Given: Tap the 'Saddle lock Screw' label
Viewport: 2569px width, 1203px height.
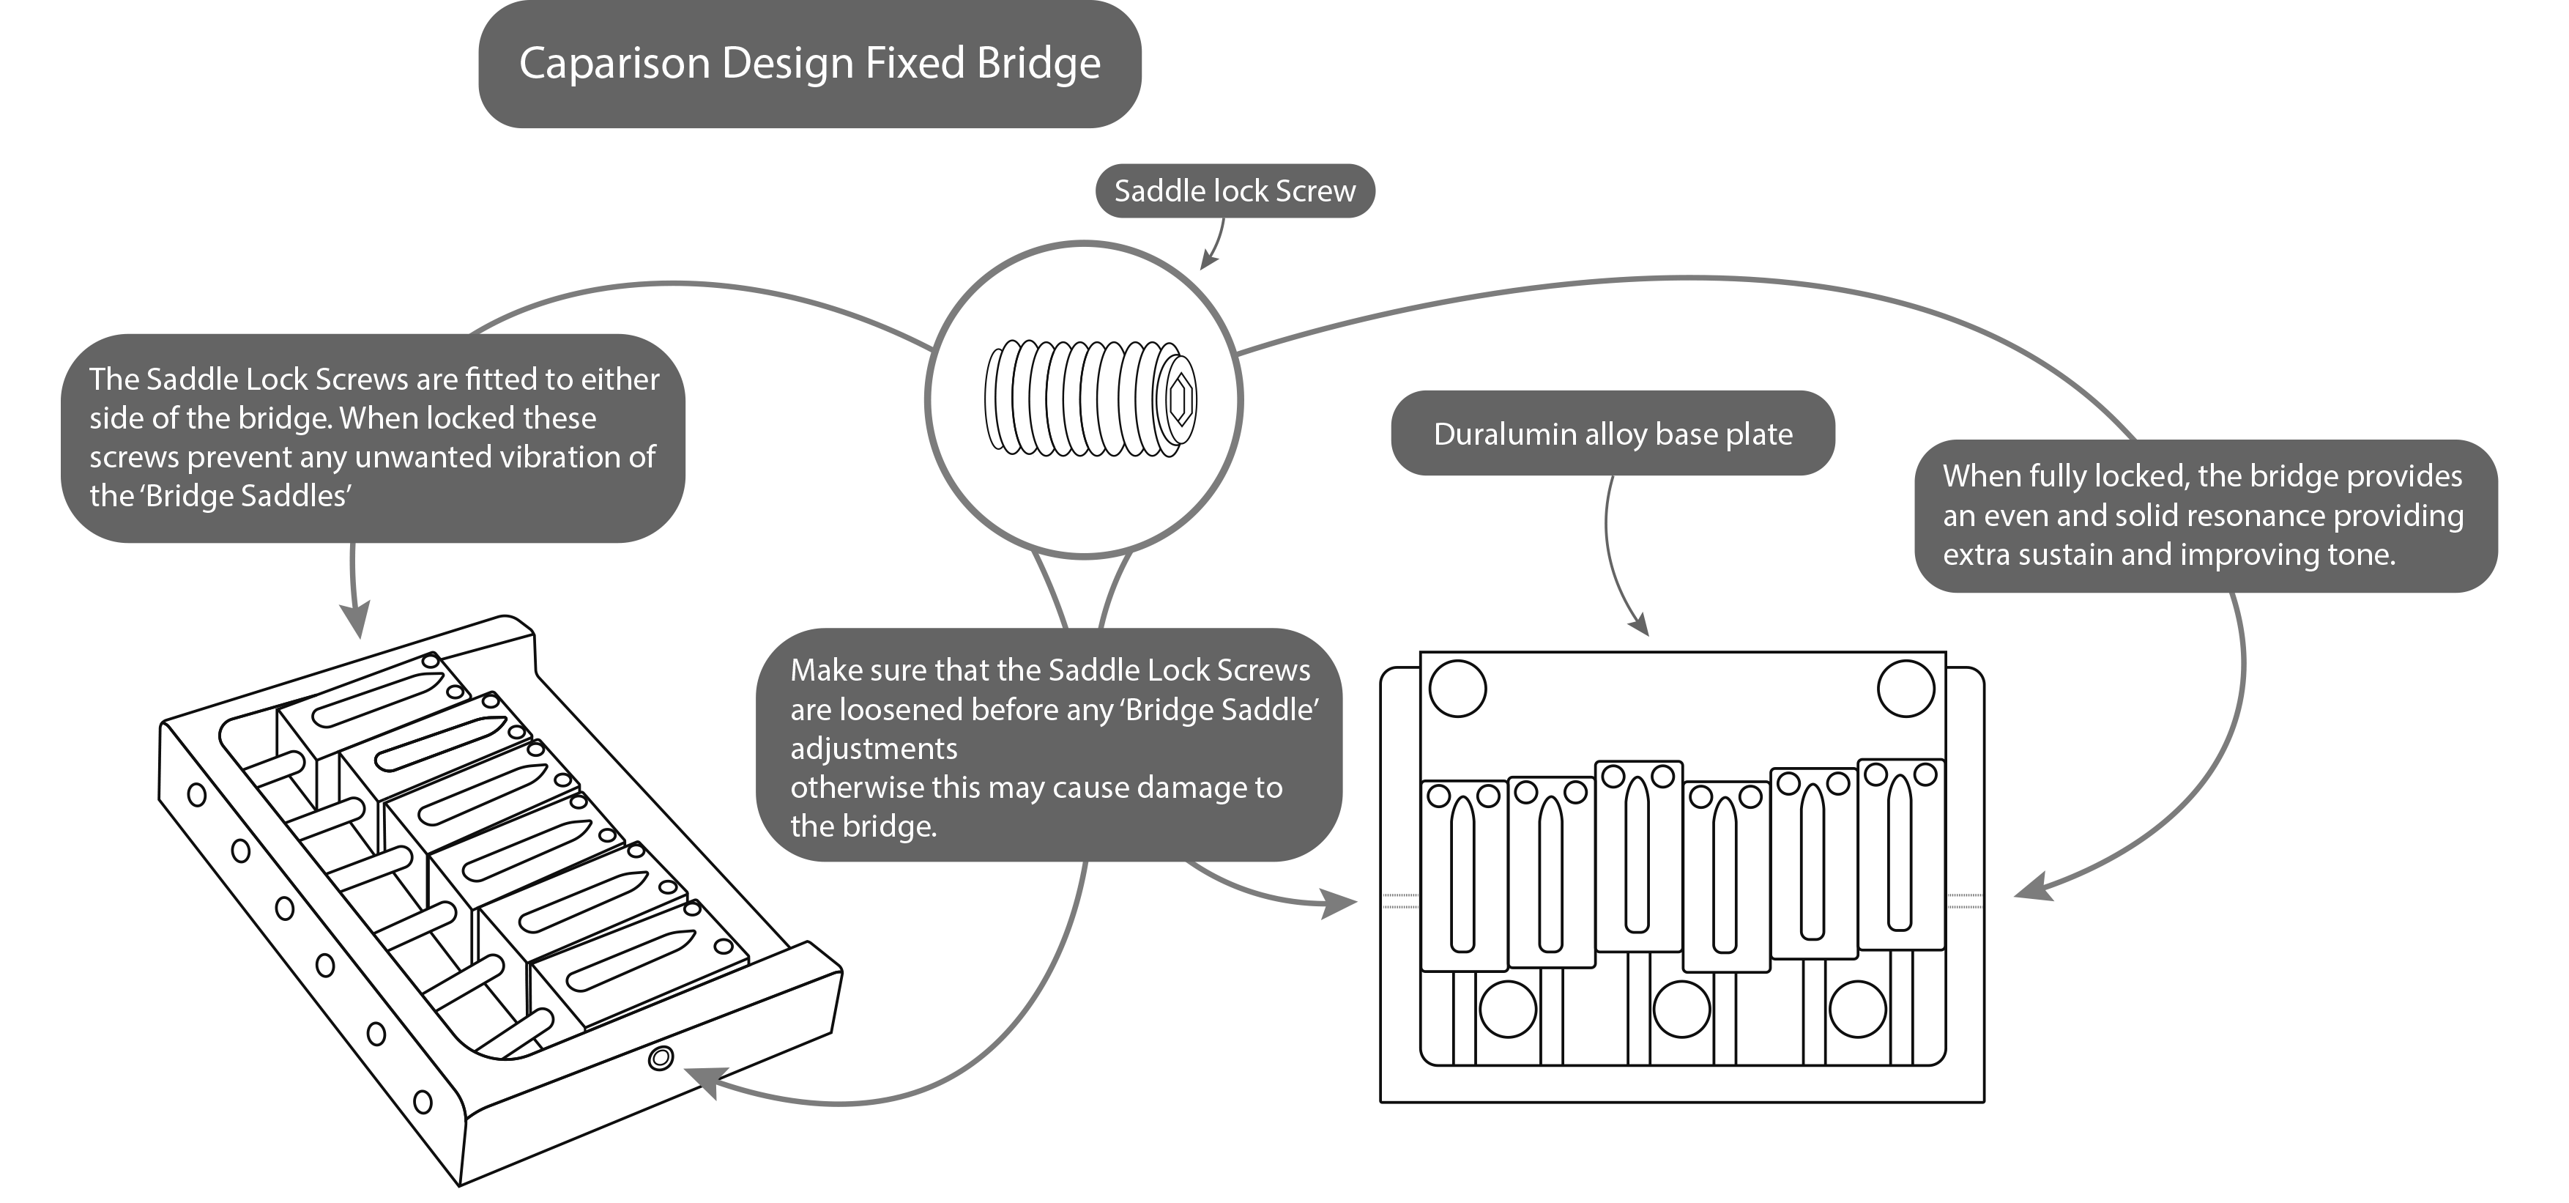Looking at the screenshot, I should [1235, 190].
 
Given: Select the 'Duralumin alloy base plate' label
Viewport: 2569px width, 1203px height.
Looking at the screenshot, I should [1613, 434].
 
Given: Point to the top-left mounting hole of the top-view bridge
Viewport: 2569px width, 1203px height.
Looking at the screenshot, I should [1458, 688].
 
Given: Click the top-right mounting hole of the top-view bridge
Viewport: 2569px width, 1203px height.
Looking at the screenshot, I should [1906, 688].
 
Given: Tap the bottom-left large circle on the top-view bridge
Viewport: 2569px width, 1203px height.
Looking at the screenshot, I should [1507, 1010].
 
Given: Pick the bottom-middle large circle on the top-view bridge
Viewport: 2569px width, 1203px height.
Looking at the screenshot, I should [1681, 1010].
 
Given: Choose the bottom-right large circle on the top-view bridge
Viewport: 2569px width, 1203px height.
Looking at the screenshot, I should [1857, 1010].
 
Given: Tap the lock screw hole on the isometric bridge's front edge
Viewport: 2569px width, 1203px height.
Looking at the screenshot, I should [661, 1059].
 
